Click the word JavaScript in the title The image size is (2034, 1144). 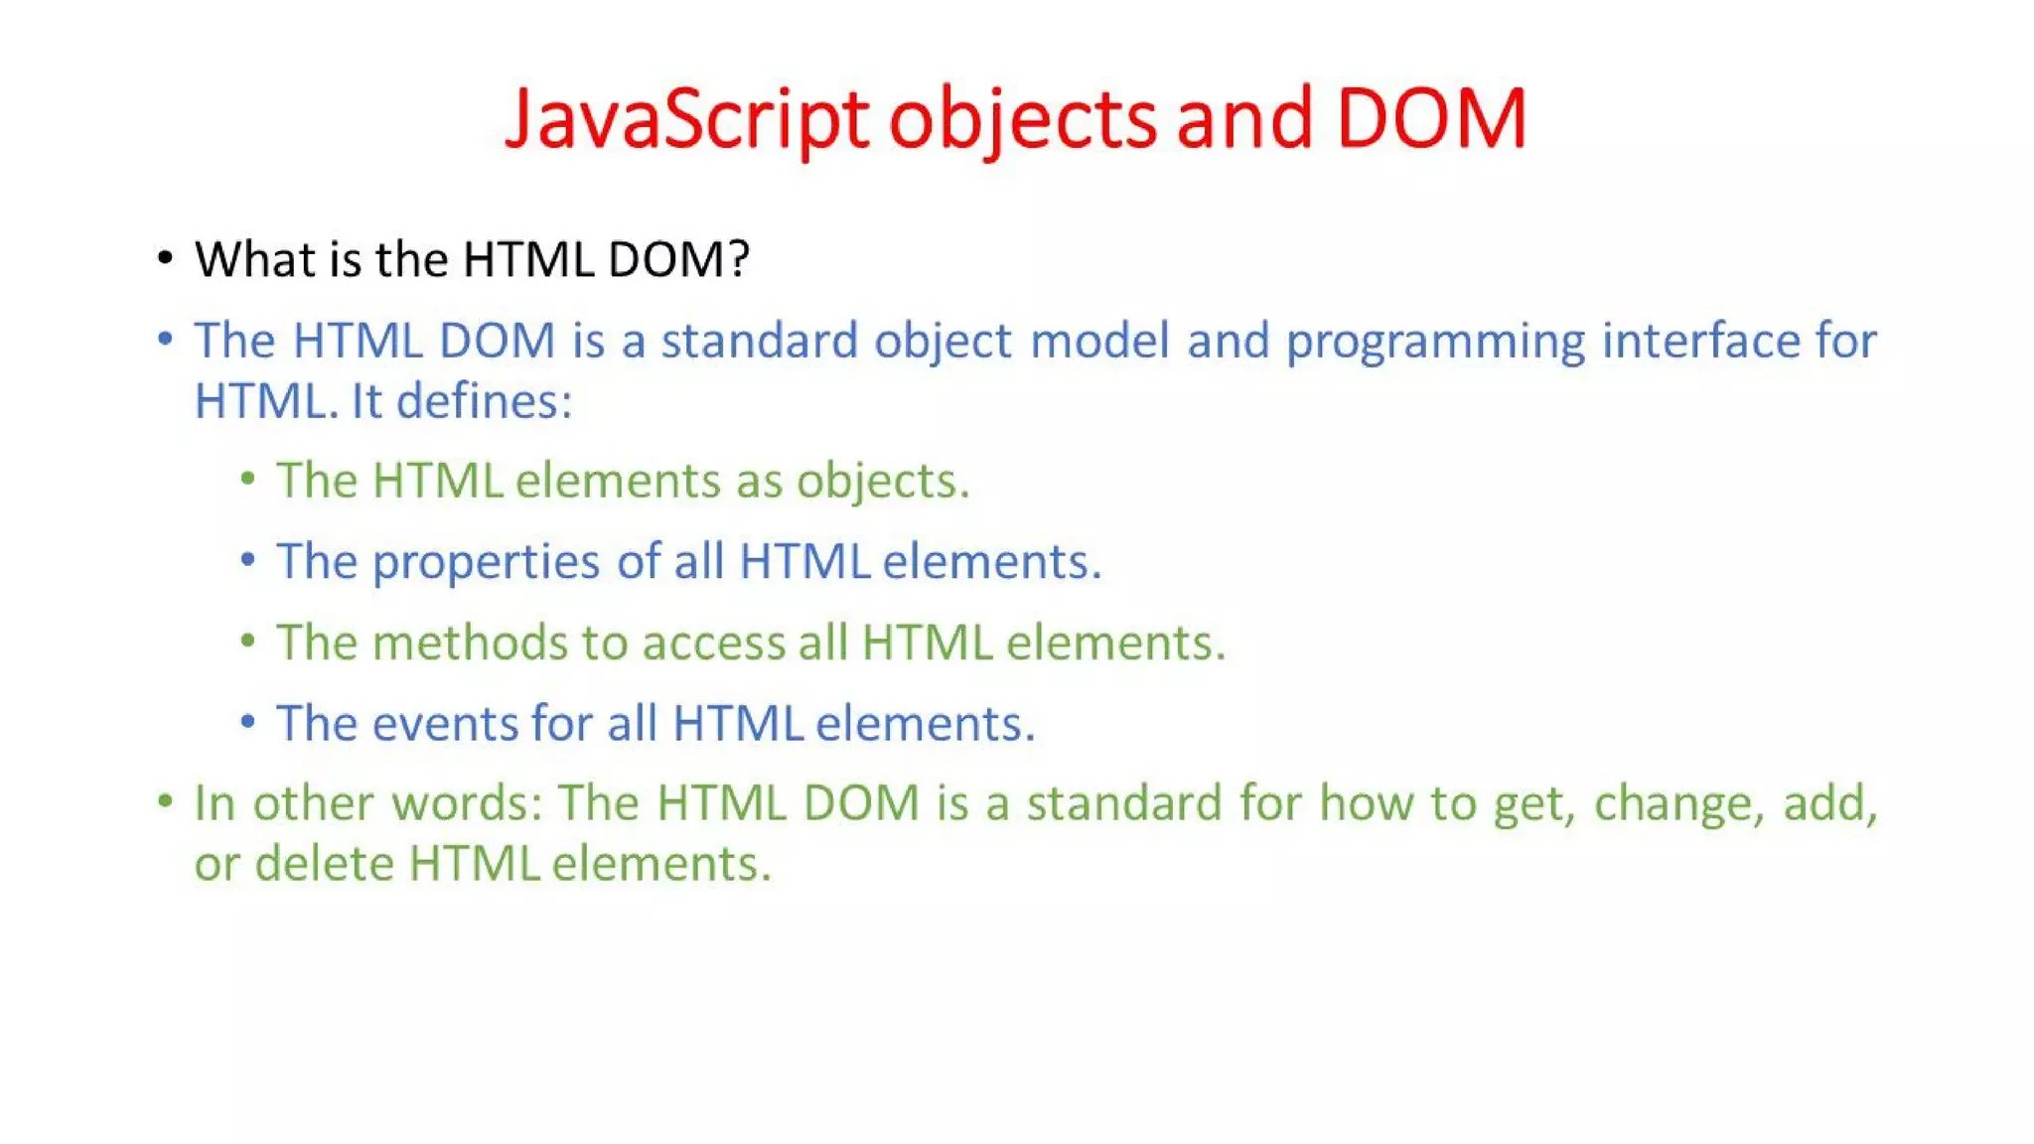click(686, 119)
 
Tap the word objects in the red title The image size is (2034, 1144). click(1022, 119)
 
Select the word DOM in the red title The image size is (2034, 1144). click(1430, 119)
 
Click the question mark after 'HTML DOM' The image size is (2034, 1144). click(738, 260)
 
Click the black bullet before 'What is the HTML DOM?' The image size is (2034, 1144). click(165, 259)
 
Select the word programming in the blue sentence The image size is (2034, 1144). click(1435, 343)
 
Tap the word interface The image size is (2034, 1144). click(1700, 341)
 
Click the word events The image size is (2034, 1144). click(445, 723)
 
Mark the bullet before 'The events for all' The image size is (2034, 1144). click(247, 722)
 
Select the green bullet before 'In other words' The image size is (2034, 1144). click(165, 800)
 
